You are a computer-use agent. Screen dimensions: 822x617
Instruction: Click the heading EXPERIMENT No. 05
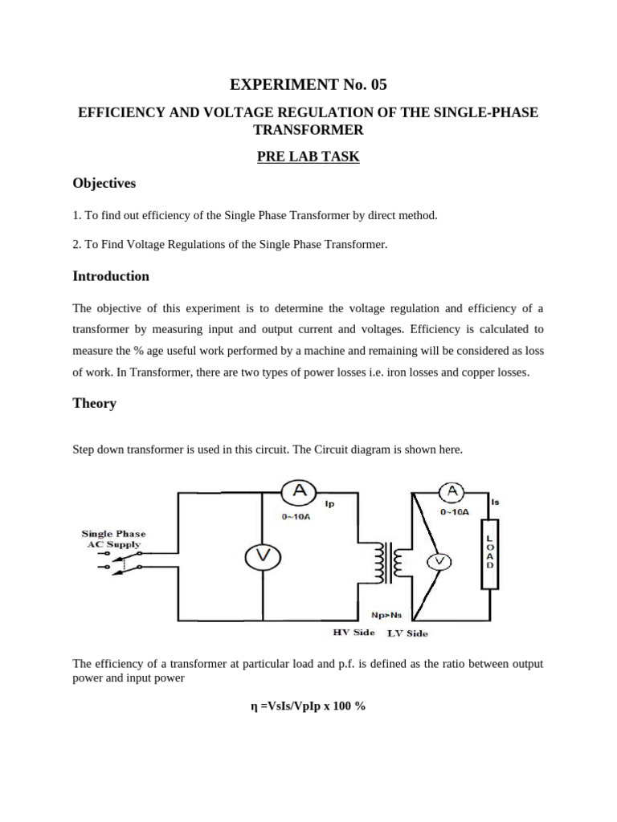[308, 84]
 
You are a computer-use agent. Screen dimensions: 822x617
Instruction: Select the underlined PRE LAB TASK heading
[308, 157]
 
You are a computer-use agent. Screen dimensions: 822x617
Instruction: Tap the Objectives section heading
[104, 183]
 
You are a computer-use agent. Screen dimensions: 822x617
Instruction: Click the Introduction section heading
[111, 276]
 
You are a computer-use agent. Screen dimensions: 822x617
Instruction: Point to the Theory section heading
[95, 403]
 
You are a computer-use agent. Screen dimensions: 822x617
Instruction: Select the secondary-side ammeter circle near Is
[452, 490]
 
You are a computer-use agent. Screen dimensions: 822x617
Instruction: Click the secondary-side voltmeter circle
[439, 563]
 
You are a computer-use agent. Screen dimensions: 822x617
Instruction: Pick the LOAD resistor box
[489, 554]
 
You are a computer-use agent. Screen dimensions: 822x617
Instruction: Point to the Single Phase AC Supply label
[114, 539]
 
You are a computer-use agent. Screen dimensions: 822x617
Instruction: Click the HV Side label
[353, 633]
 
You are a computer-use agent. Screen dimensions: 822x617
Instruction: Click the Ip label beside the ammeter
[330, 504]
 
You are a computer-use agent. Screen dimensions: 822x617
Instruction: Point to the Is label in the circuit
[495, 502]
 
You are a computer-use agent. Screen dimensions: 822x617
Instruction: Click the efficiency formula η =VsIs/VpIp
[308, 706]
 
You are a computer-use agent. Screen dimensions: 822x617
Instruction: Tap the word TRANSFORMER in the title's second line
[308, 130]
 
